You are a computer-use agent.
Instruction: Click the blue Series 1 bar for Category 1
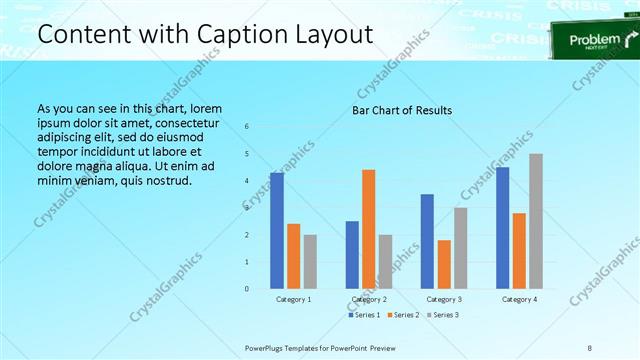pos(277,231)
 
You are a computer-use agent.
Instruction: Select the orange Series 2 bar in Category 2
pos(369,229)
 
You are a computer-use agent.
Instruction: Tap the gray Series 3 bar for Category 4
pos(536,221)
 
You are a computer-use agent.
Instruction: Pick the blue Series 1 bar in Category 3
pos(427,241)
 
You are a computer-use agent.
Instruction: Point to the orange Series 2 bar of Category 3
pos(444,264)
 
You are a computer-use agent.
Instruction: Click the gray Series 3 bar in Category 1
pos(310,262)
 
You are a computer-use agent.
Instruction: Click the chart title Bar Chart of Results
pos(402,110)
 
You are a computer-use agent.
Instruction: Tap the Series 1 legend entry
pos(364,315)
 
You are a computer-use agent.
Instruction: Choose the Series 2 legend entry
pos(402,315)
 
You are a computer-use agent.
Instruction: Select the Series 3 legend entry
pos(441,315)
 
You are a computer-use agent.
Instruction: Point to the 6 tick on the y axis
pos(247,127)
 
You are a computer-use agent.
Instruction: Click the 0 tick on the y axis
pos(247,289)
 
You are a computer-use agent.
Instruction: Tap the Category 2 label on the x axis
pos(369,299)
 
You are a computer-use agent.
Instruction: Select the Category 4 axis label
pos(519,299)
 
